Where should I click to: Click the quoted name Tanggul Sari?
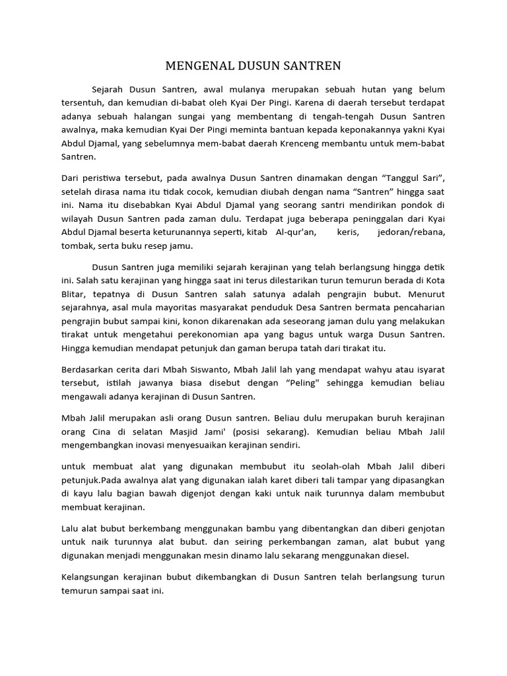click(412, 178)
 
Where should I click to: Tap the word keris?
click(350, 233)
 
